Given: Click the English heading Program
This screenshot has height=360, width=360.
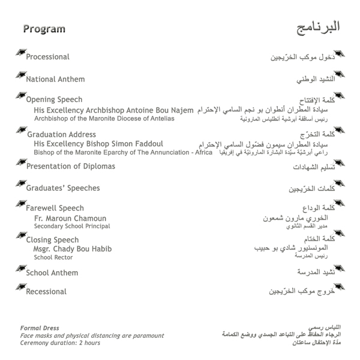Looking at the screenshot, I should pyautogui.click(x=44, y=29).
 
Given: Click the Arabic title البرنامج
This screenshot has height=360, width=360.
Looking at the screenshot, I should pyautogui.click(x=319, y=28).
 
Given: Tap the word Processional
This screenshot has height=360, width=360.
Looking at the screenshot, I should pyautogui.click(x=47, y=57).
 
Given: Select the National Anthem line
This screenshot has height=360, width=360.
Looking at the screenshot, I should pyautogui.click(x=55, y=79).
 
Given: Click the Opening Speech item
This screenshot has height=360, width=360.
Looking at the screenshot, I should pyautogui.click(x=54, y=100).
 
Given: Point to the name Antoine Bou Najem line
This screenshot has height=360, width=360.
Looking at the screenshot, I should pyautogui.click(x=114, y=110).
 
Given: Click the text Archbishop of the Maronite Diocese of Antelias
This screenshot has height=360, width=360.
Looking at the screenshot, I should pyautogui.click(x=104, y=119).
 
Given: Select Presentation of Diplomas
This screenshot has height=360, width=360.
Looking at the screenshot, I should pyautogui.click(x=70, y=166).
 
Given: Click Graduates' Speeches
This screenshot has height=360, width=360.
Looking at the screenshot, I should pyautogui.click(x=62, y=188).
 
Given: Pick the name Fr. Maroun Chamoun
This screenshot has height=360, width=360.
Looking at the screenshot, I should pyautogui.click(x=70, y=218).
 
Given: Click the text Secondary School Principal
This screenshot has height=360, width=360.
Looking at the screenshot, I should pyautogui.click(x=72, y=227).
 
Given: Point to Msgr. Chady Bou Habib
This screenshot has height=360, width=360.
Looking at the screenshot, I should pyautogui.click(x=73, y=249).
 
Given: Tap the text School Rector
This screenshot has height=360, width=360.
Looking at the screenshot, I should pyautogui.click(x=53, y=257).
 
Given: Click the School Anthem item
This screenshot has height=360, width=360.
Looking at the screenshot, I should pyautogui.click(x=52, y=273).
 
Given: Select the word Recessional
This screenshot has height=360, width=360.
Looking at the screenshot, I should pyautogui.click(x=46, y=292).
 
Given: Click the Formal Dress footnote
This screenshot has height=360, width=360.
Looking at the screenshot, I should pyautogui.click(x=40, y=328).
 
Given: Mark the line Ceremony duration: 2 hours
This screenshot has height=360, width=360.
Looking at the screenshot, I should pyautogui.click(x=60, y=343).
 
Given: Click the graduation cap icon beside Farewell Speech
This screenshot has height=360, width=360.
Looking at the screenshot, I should pyautogui.click(x=20, y=206).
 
